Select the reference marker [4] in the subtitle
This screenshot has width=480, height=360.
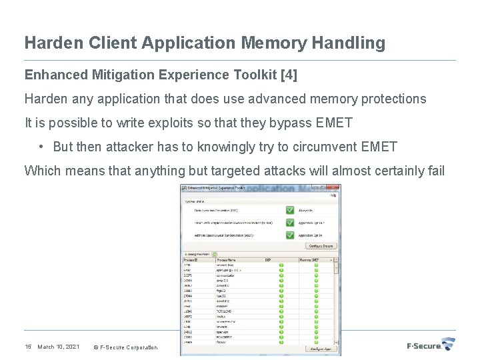coord(290,75)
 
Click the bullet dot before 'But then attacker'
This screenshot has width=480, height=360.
coord(41,147)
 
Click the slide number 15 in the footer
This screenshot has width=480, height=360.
coord(28,347)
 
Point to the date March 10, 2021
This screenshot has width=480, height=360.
coord(59,347)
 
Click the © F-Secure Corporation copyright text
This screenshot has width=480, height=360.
coord(125,347)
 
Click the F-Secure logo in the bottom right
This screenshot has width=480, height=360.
coord(430,345)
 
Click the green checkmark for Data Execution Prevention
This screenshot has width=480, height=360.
coord(290,210)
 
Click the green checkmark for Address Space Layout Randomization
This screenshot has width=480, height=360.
coord(290,235)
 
